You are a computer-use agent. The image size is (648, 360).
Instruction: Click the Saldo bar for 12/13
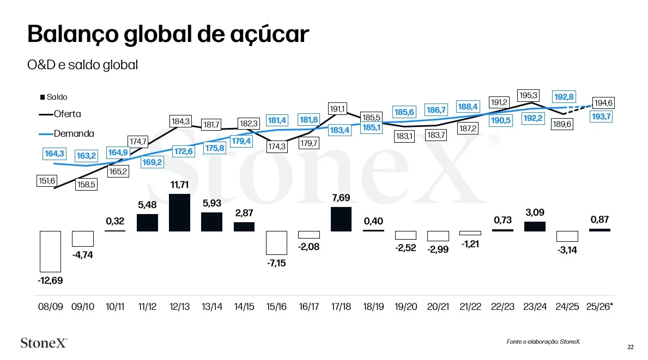click(180, 212)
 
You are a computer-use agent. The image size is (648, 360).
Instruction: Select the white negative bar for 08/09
click(50, 251)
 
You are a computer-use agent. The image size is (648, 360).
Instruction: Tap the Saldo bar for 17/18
click(341, 219)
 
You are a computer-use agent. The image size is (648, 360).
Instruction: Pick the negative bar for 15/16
click(276, 243)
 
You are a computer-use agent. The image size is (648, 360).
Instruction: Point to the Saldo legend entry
click(54, 97)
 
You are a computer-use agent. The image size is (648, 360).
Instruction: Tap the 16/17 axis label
click(309, 307)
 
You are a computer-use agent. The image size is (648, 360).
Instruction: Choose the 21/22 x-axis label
click(470, 307)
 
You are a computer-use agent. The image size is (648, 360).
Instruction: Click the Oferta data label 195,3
click(528, 95)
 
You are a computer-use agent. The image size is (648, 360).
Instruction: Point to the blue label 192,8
click(564, 97)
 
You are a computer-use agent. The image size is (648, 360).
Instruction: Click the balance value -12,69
click(50, 281)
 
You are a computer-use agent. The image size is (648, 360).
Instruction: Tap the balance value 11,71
click(180, 185)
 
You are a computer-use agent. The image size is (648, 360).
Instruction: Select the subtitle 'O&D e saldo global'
click(82, 65)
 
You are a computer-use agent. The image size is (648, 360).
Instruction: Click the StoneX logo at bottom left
click(44, 343)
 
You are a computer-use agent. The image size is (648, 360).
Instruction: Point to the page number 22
click(630, 347)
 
